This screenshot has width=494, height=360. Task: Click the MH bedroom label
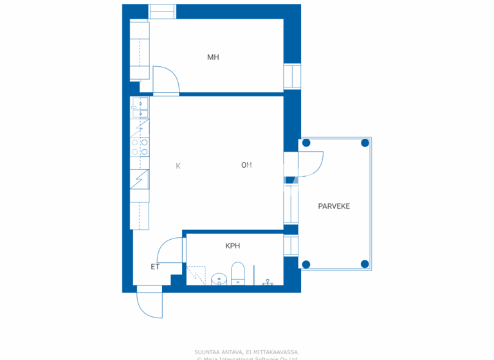213,57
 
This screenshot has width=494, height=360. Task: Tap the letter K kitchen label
178,166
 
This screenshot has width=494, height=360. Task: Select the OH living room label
246,165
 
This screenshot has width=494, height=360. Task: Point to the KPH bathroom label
233,246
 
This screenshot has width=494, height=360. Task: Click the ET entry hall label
155,267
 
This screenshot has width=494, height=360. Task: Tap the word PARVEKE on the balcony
334,206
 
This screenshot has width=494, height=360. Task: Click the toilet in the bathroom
238,273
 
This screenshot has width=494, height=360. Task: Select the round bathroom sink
219,280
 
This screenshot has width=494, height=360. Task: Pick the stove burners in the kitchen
144,147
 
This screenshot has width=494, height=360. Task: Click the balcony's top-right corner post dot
365,143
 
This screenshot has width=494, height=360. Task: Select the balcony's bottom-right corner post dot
365,264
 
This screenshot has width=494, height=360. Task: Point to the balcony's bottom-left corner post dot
306,264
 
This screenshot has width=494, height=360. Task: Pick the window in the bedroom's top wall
162,12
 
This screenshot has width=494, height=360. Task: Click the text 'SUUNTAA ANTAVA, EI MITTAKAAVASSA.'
247,352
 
